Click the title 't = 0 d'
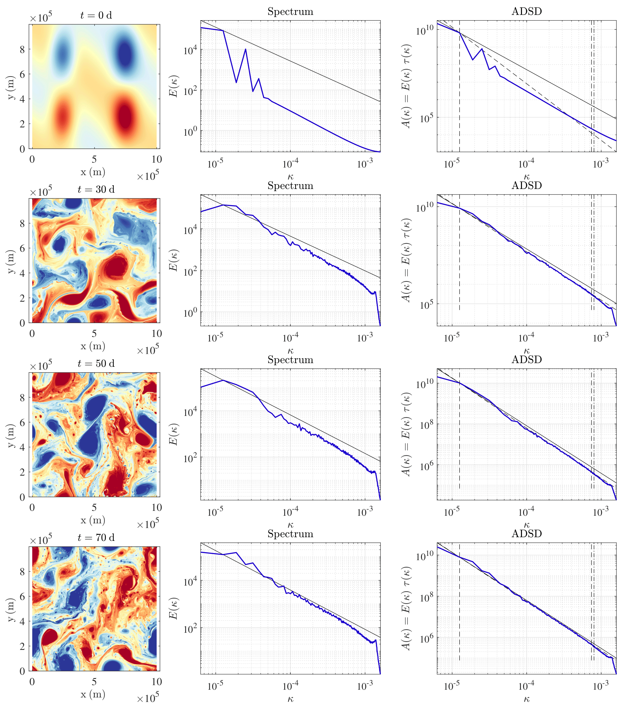click(x=96, y=16)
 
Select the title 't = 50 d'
click(x=96, y=364)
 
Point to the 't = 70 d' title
click(x=96, y=538)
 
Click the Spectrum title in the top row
click(x=290, y=11)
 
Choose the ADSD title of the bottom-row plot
click(x=526, y=534)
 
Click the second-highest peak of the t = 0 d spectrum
click(x=246, y=49)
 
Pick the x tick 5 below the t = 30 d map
click(x=94, y=334)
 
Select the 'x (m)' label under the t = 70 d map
click(x=93, y=694)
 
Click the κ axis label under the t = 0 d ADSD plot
click(x=526, y=177)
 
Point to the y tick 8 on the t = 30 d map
click(x=23, y=224)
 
